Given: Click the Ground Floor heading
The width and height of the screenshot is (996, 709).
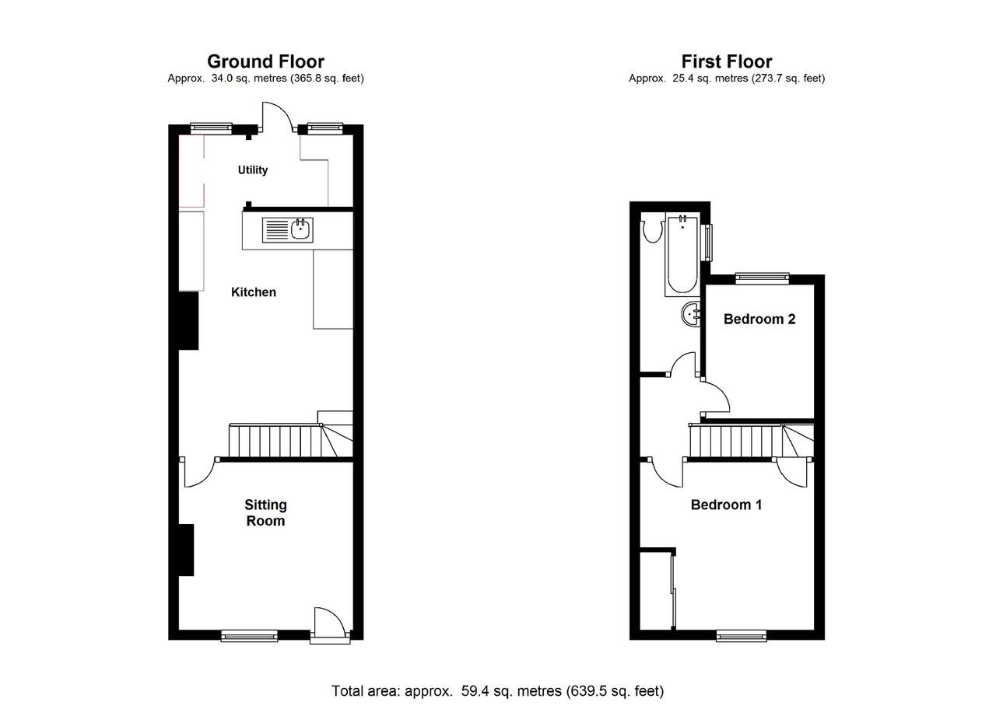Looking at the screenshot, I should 265,61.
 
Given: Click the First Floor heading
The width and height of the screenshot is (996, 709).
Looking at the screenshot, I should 726,61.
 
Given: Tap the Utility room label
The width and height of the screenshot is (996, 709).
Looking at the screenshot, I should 253,170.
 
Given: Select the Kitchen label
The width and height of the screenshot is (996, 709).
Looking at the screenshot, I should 254,292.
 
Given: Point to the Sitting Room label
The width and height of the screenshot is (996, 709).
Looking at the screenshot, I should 265,513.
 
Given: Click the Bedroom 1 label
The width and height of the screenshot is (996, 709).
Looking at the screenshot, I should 726,505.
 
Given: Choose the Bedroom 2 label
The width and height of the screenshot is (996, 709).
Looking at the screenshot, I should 759,319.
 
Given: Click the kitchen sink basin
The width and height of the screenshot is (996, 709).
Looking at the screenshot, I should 300,229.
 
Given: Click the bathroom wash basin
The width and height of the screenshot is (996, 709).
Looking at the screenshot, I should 691,314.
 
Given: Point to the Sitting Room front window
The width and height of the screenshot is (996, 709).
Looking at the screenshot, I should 249,635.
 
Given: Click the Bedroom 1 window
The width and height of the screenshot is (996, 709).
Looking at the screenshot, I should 741,635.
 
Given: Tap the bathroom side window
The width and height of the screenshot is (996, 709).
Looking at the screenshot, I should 707,242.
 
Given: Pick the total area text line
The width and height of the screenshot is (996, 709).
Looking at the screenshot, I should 497,690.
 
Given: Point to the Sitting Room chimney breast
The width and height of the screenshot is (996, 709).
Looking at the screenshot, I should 185,550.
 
